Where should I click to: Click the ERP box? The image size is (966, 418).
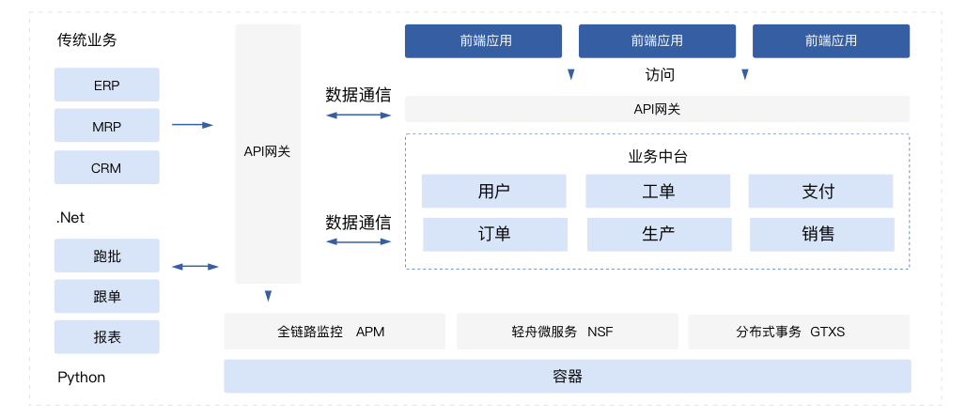click(106, 85)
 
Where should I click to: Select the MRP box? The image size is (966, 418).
click(106, 126)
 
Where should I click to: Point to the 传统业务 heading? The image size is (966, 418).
click(87, 40)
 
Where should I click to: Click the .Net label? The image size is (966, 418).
click(70, 218)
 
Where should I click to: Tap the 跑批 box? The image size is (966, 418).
click(106, 256)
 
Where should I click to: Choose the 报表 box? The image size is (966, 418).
click(106, 337)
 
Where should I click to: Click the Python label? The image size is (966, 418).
click(82, 378)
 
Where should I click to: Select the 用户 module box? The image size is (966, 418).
click(493, 192)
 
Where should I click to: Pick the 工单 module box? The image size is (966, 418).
click(658, 192)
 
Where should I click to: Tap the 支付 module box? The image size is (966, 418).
click(819, 192)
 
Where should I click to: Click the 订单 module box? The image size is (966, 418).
click(494, 235)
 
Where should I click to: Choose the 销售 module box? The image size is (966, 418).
click(821, 235)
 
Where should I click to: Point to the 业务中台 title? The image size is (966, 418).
click(658, 157)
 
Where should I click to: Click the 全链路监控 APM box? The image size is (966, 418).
click(334, 332)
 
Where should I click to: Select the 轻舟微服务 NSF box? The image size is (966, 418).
click(567, 332)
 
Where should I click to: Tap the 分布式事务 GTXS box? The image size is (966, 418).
click(798, 332)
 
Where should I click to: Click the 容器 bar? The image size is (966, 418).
click(567, 377)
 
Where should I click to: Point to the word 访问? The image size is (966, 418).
click(660, 74)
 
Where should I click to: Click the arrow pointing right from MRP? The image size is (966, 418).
click(193, 125)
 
